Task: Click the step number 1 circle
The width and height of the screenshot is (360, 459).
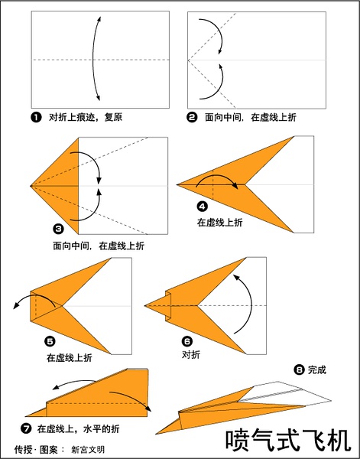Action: pyautogui.click(x=36, y=118)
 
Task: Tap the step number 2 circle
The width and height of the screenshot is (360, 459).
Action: pyautogui.click(x=192, y=118)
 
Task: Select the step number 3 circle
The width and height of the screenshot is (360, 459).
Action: pyautogui.click(x=59, y=229)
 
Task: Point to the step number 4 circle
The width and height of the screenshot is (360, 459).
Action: pyautogui.click(x=203, y=207)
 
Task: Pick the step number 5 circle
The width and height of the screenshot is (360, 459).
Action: pyautogui.click(x=50, y=341)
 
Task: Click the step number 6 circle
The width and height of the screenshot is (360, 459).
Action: pyautogui.click(x=187, y=341)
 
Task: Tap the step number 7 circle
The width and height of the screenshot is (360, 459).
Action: pyautogui.click(x=26, y=429)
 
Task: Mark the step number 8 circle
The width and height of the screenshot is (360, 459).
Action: pyautogui.click(x=299, y=370)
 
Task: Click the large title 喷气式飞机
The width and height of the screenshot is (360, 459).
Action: pyautogui.click(x=288, y=441)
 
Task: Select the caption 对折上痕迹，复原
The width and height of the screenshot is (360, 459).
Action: pyautogui.click(x=86, y=118)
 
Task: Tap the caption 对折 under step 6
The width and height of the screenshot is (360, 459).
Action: pyautogui.click(x=191, y=355)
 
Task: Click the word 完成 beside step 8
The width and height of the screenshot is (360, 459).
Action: pyautogui.click(x=316, y=370)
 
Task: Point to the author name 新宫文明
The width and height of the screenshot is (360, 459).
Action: pyautogui.click(x=88, y=450)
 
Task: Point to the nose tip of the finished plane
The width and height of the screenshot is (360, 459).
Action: pyautogui.click(x=156, y=434)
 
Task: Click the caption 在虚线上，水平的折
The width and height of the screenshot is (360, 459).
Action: pyautogui.click(x=79, y=429)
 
